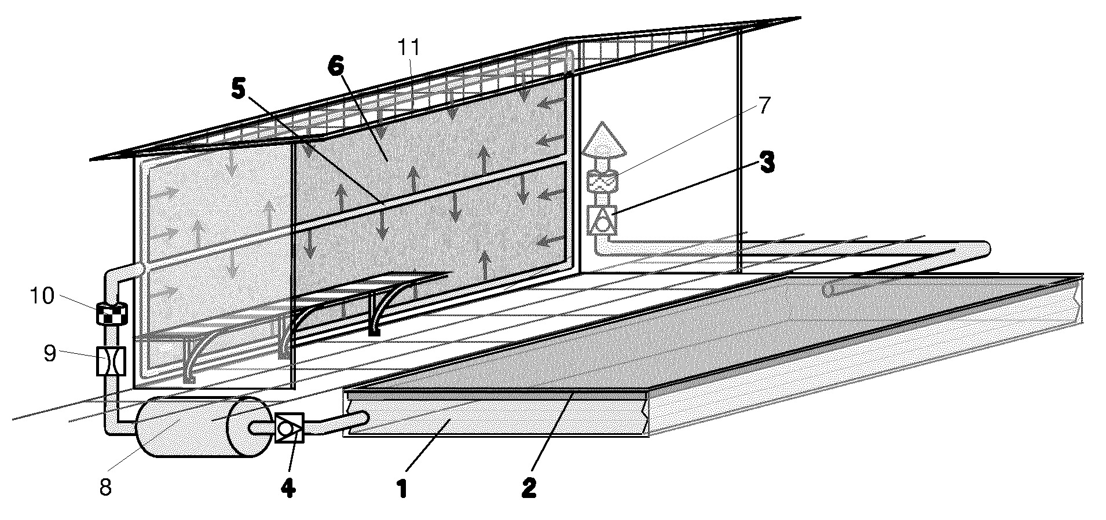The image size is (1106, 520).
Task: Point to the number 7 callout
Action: pos(764,105)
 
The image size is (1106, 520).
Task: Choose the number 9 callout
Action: pos(50,353)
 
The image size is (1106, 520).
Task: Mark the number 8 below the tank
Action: pos(105,488)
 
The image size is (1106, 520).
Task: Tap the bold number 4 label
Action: pos(288,488)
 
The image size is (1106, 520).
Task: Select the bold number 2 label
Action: pos(529,488)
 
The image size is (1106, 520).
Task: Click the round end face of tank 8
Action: pos(250,428)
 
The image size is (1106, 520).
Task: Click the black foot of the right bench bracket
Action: pos(374,332)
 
